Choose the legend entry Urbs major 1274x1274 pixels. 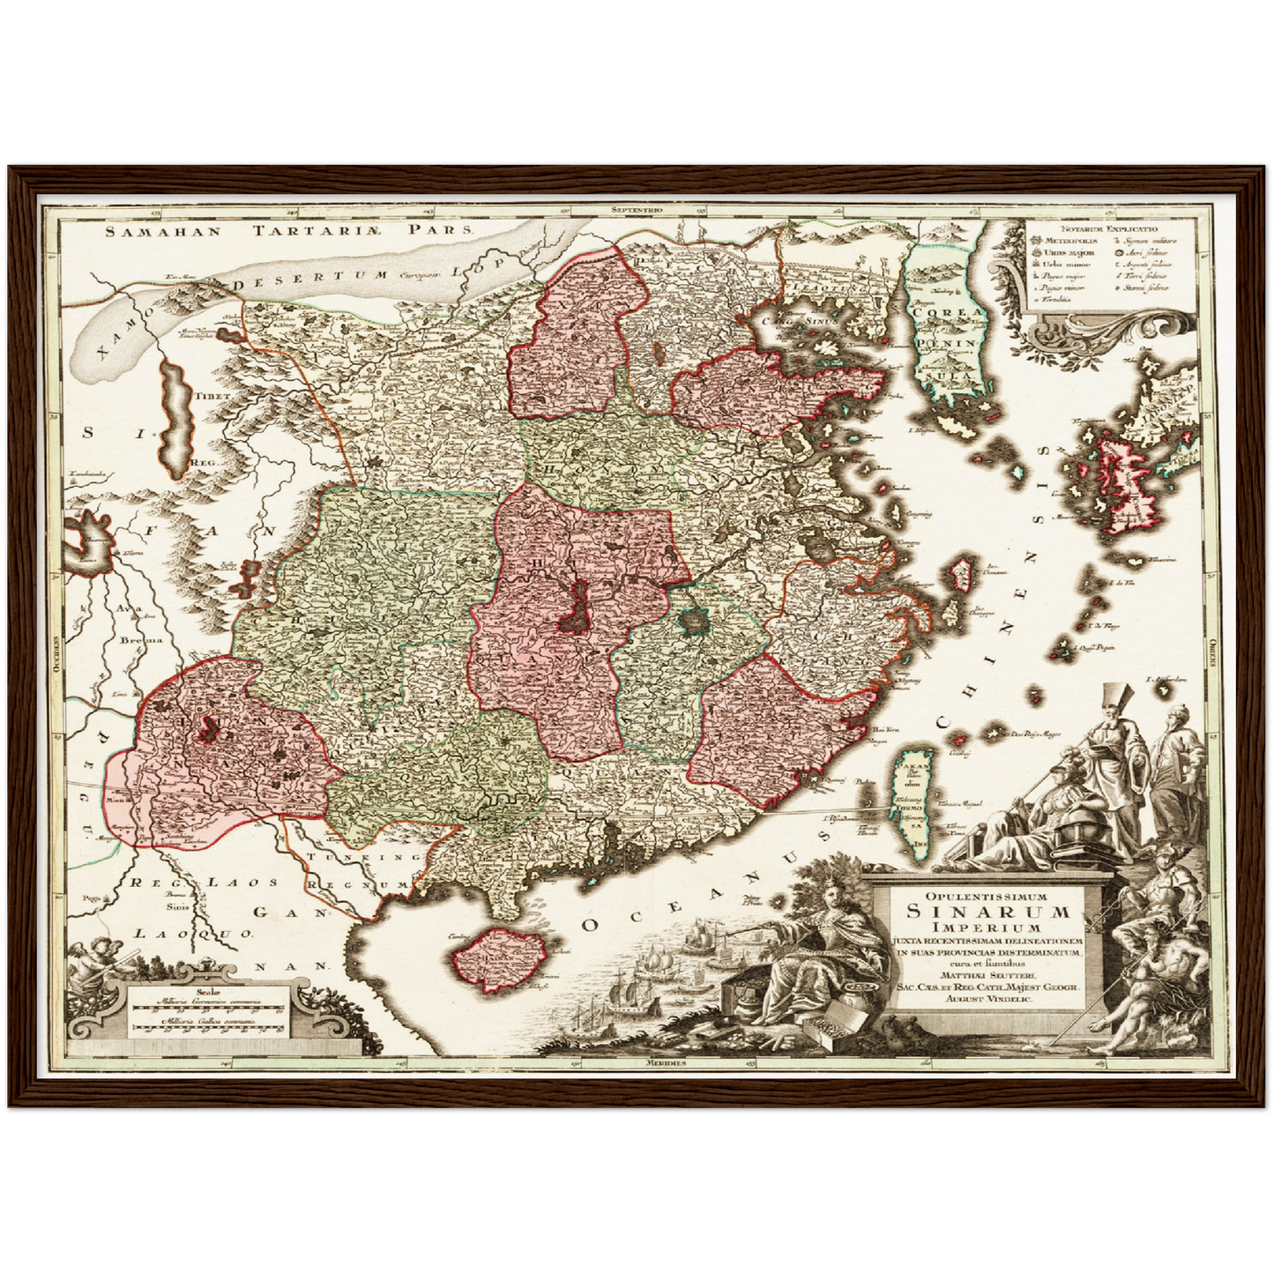(x=1063, y=253)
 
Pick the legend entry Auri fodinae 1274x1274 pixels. (x=1146, y=252)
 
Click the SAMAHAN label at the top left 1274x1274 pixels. (x=161, y=233)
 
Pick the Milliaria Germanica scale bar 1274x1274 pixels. (x=207, y=1010)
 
